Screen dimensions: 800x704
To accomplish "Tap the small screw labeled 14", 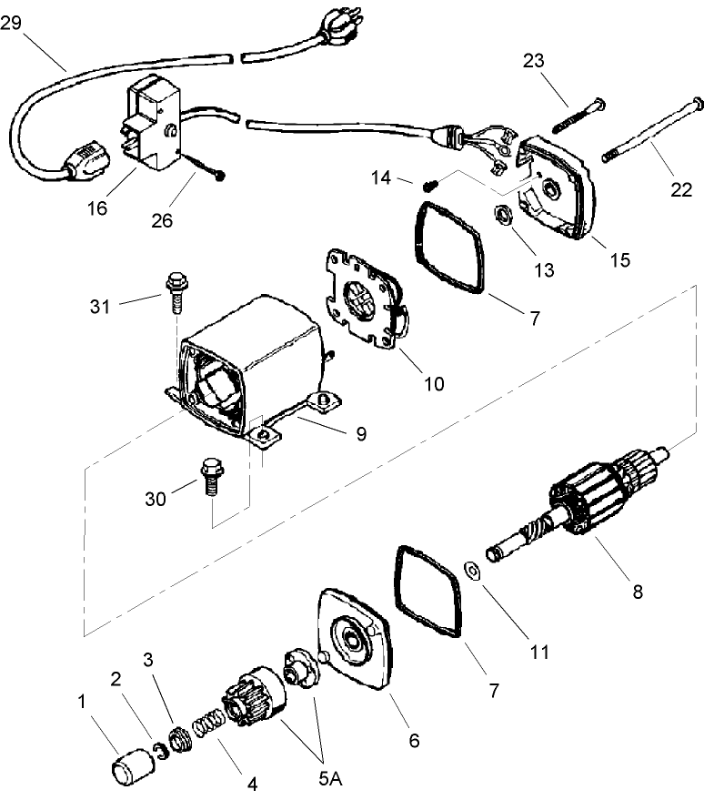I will point(430,184).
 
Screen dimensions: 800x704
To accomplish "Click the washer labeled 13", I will point(502,218).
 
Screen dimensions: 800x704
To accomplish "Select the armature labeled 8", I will point(582,511).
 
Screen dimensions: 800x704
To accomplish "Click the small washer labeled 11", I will point(472,571).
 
